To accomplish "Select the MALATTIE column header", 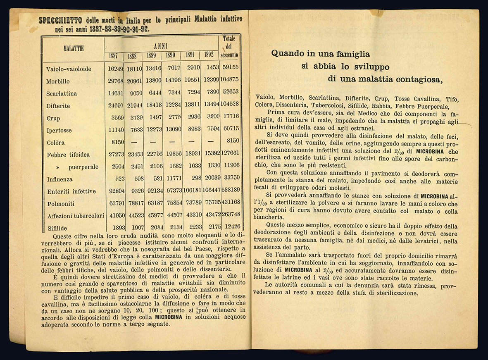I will (x=74, y=48).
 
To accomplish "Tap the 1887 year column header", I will (x=113, y=55).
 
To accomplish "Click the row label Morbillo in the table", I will (x=58, y=81).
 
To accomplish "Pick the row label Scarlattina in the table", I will (x=62, y=94).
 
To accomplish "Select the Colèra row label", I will (x=56, y=143).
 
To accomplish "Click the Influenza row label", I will (x=60, y=179).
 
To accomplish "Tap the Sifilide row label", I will (x=57, y=228).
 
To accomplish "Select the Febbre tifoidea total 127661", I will (x=230, y=153).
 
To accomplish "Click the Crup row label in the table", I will (x=53, y=118).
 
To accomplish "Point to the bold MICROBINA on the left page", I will (x=171, y=317).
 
